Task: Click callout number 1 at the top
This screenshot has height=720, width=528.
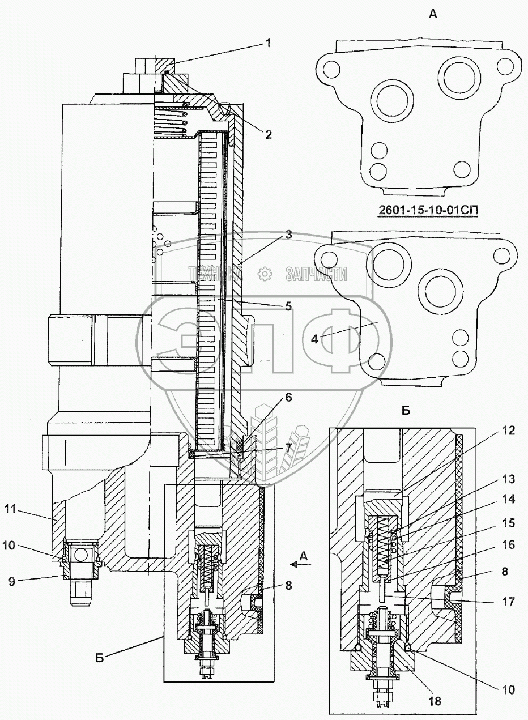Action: point(269,42)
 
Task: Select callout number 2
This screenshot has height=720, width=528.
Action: point(269,135)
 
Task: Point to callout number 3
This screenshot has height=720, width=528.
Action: point(288,234)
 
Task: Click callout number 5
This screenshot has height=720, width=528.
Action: point(288,306)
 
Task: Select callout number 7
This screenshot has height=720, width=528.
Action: point(288,448)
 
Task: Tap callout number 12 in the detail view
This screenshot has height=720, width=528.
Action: point(492,430)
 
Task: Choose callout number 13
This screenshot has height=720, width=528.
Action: point(492,479)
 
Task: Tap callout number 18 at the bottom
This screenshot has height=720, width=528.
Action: point(435,701)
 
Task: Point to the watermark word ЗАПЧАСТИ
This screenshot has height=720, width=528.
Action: point(317,274)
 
